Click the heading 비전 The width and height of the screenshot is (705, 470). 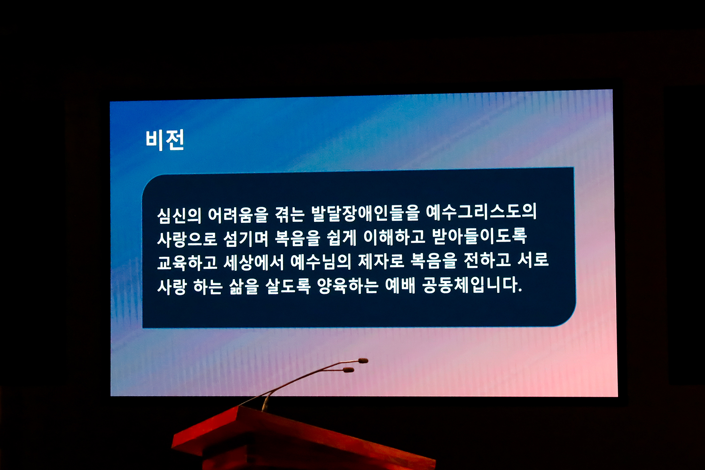click(x=164, y=140)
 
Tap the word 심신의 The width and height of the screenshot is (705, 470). click(x=179, y=216)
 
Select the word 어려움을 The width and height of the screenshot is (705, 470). click(x=238, y=215)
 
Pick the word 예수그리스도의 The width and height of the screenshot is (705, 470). click(x=482, y=211)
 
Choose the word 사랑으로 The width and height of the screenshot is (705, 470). click(x=187, y=240)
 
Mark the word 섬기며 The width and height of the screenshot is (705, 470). click(x=246, y=239)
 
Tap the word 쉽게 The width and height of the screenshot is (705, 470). click(x=342, y=238)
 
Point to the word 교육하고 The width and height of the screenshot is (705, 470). click(x=187, y=263)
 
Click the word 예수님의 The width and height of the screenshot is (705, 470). click(x=321, y=262)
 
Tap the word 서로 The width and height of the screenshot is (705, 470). click(x=533, y=259)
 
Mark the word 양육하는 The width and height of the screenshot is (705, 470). click(x=348, y=286)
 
